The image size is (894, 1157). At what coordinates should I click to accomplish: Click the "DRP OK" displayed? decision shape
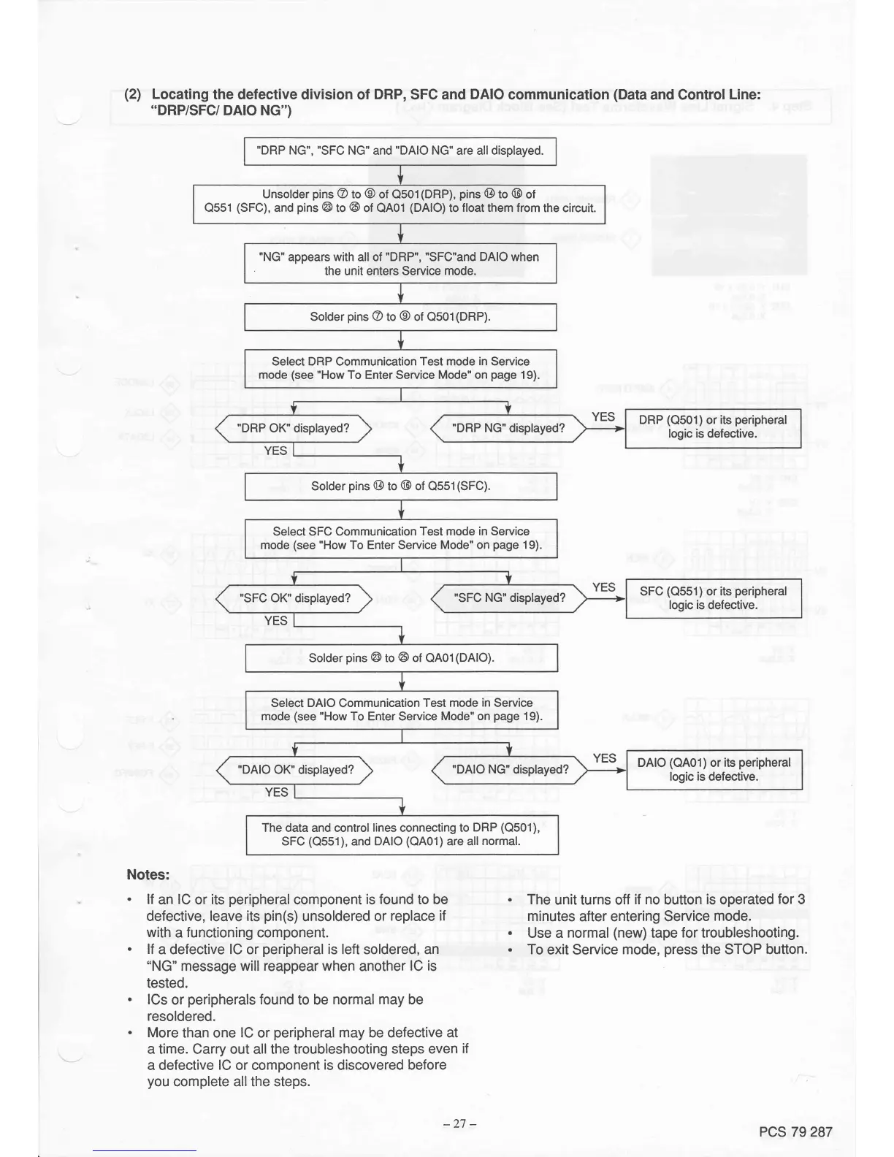pyautogui.click(x=294, y=429)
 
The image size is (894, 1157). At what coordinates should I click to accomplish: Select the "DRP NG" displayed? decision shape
pyautogui.click(x=508, y=429)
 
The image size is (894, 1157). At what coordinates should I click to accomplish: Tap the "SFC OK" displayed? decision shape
pyautogui.click(x=294, y=598)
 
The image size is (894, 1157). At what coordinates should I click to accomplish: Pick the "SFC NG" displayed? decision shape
pyautogui.click(x=509, y=598)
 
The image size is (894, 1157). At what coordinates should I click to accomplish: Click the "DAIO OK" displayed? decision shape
pyautogui.click(x=295, y=770)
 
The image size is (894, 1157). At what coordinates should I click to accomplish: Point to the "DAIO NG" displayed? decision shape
pyautogui.click(x=510, y=770)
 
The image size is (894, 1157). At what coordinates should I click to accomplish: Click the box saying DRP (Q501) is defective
pyautogui.click(x=713, y=427)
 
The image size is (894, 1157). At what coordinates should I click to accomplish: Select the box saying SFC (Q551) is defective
pyautogui.click(x=713, y=598)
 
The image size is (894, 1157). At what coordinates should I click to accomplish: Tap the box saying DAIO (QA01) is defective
pyautogui.click(x=714, y=770)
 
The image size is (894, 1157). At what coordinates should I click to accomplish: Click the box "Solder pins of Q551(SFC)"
pyautogui.click(x=401, y=486)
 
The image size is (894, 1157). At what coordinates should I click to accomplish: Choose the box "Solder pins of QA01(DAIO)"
pyautogui.click(x=401, y=658)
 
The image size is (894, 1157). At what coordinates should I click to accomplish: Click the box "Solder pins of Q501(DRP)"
pyautogui.click(x=400, y=317)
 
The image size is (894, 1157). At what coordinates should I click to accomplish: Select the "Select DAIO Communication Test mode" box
pyautogui.click(x=401, y=709)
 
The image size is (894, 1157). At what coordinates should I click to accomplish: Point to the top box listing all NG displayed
pyautogui.click(x=400, y=151)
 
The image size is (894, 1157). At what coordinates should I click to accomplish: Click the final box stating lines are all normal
pyautogui.click(x=401, y=834)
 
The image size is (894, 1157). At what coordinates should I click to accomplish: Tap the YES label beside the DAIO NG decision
pyautogui.click(x=604, y=758)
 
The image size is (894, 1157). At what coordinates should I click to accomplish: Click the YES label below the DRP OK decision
pyautogui.click(x=275, y=451)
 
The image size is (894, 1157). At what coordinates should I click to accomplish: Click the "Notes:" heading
pyautogui.click(x=148, y=874)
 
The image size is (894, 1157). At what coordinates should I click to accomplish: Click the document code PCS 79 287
pyautogui.click(x=795, y=1132)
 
